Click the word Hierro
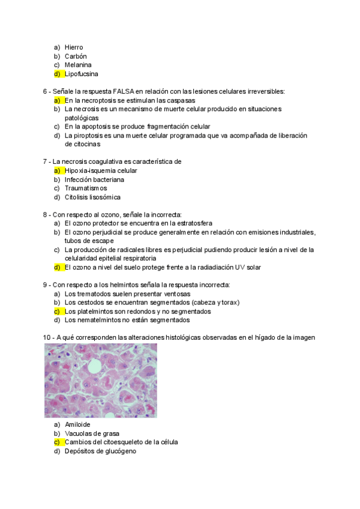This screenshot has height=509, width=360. click(74, 47)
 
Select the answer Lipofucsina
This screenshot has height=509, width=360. click(81, 74)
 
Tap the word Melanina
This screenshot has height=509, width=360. click(78, 65)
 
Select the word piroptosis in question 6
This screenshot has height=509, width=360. click(87, 136)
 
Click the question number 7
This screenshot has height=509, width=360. click(46, 161)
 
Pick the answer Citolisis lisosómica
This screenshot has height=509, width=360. click(92, 197)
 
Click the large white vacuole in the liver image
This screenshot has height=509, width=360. click(94, 366)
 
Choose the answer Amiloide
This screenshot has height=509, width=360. click(77, 424)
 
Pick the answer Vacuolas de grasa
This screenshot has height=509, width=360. click(92, 433)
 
